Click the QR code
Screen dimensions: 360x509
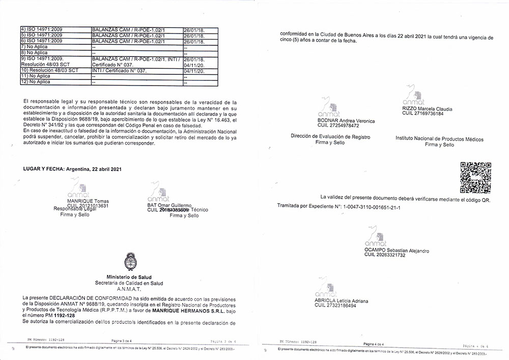pyautogui.click(x=475, y=177)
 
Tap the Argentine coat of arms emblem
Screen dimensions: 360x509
pyautogui.click(x=129, y=263)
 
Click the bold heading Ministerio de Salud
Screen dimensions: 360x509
pyautogui.click(x=129, y=277)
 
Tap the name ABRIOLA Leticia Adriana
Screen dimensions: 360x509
pyautogui.click(x=342, y=301)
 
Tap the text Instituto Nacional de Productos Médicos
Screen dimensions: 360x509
pyautogui.click(x=439, y=139)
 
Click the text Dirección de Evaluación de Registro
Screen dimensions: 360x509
pyautogui.click(x=330, y=136)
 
